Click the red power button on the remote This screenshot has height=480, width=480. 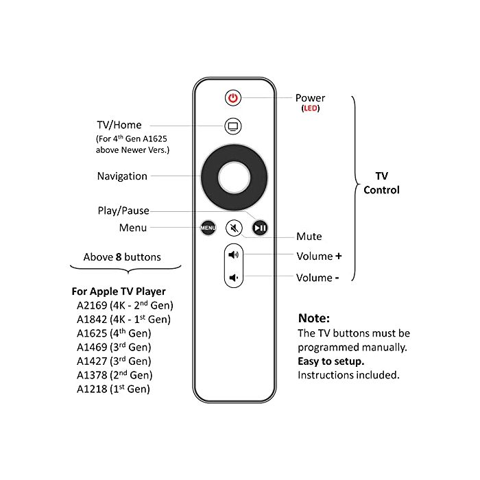[233, 98]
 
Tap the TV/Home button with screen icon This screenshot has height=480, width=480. [233, 126]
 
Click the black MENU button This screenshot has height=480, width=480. [208, 228]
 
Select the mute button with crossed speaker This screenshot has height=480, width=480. [235, 228]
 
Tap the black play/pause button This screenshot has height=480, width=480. [260, 228]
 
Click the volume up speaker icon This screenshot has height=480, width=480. [234, 254]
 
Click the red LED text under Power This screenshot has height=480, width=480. [311, 108]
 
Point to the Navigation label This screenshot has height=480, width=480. [122, 176]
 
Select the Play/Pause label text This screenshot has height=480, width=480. [123, 211]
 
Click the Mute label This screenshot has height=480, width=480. [309, 237]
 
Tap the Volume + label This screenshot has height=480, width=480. [319, 256]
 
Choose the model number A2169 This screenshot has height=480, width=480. [92, 306]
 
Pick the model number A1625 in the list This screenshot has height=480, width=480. [92, 333]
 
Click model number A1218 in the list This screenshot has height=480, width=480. [92, 389]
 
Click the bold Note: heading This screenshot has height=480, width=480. [314, 318]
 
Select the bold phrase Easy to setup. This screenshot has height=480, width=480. [331, 361]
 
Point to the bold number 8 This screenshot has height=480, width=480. [119, 257]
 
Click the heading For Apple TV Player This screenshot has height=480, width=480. [119, 291]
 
